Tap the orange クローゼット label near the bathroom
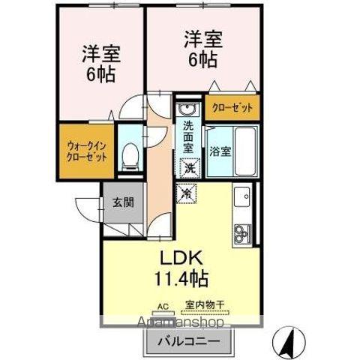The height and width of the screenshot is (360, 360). (x=232, y=108)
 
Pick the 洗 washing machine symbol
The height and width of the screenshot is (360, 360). (x=190, y=168)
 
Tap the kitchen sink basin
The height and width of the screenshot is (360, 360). (x=243, y=198)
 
